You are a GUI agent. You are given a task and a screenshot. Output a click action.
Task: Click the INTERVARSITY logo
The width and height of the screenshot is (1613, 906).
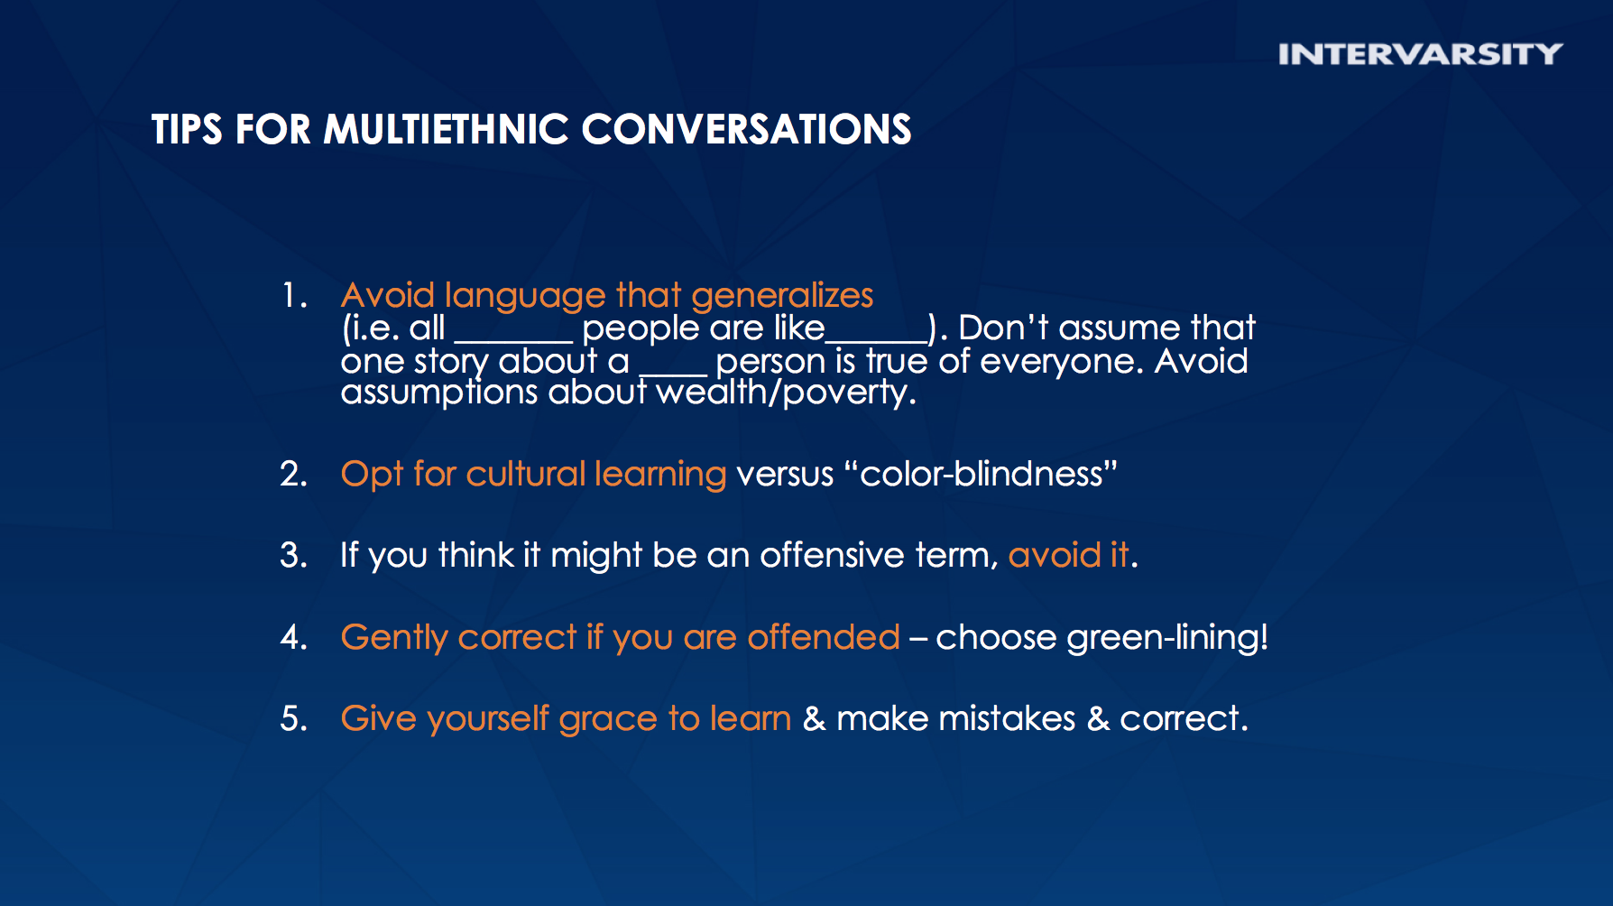(1420, 54)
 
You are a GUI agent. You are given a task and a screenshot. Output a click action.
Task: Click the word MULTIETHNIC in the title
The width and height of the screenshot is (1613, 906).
(447, 129)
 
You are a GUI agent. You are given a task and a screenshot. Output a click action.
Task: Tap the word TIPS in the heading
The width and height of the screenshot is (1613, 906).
(187, 129)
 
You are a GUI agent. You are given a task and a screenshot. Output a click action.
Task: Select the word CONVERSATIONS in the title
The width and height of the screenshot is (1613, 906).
(746, 129)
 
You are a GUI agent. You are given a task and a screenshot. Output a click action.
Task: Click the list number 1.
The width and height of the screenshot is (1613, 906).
(295, 295)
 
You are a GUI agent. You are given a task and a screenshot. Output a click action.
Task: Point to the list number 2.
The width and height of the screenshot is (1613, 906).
(294, 474)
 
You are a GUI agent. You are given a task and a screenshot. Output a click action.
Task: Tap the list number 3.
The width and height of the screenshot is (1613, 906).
(294, 555)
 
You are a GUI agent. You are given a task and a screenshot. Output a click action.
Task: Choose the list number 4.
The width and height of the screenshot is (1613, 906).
(294, 637)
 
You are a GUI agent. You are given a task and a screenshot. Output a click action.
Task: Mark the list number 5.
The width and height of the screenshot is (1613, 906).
(294, 718)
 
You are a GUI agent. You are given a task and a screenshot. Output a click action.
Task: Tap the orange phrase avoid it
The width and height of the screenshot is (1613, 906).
(1069, 555)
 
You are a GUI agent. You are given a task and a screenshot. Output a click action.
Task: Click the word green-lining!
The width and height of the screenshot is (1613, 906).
(1167, 638)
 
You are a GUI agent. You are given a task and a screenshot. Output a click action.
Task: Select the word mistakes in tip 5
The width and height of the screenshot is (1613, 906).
(1008, 718)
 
